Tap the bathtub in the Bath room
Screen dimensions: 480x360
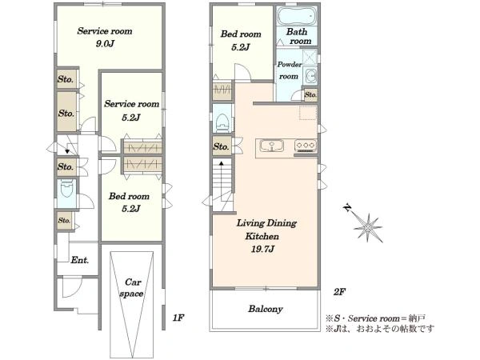pyautogui.click(x=296, y=14)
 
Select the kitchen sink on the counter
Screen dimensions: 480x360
pyautogui.click(x=272, y=146)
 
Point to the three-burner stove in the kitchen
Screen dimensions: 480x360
pyautogui.click(x=306, y=145)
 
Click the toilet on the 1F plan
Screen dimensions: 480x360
pyautogui.click(x=66, y=190)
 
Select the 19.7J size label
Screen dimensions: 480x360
pyautogui.click(x=262, y=249)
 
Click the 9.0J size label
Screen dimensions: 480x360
pyautogui.click(x=105, y=44)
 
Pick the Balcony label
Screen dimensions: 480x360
pyautogui.click(x=265, y=309)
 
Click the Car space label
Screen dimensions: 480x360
pyautogui.click(x=131, y=288)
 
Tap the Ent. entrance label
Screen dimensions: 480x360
pyautogui.click(x=79, y=260)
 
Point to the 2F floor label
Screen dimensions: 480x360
pyautogui.click(x=339, y=292)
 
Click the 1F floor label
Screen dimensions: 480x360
pyautogui.click(x=178, y=318)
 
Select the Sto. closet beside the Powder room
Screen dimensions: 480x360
pyautogui.click(x=310, y=95)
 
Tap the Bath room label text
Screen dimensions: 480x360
pyautogui.click(x=298, y=36)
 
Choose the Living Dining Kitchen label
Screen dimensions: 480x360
pyautogui.click(x=266, y=230)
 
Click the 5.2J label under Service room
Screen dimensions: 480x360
pyautogui.click(x=130, y=118)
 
